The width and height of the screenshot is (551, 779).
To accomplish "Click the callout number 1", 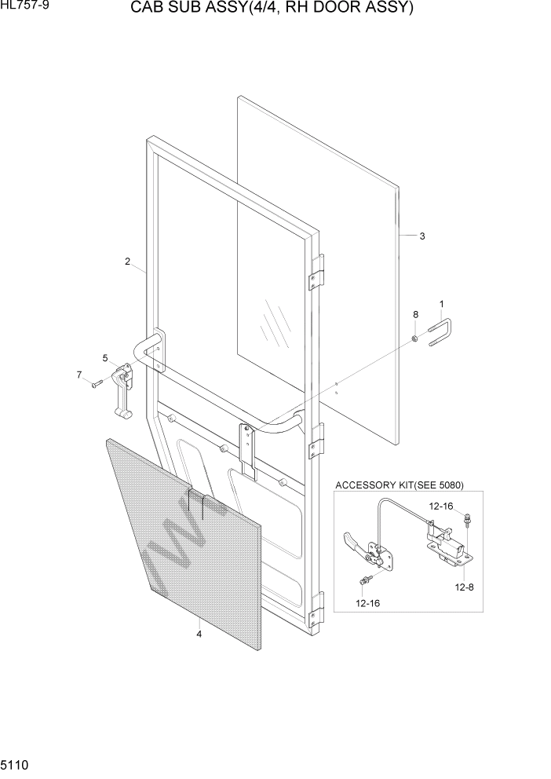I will pyautogui.click(x=441, y=303).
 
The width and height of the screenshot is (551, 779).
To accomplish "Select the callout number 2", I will pyautogui.click(x=127, y=262).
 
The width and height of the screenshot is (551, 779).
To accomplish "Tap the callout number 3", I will pyautogui.click(x=422, y=236).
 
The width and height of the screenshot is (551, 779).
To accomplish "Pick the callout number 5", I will pyautogui.click(x=104, y=358).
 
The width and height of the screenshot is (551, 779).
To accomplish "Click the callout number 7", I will pyautogui.click(x=79, y=375).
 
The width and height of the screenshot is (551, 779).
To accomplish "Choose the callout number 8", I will pyautogui.click(x=415, y=314).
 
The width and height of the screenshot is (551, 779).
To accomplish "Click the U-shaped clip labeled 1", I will pyautogui.click(x=441, y=330).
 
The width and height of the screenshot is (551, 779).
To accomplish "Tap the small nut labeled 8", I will pyautogui.click(x=414, y=338).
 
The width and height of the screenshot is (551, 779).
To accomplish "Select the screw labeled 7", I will pyautogui.click(x=96, y=384).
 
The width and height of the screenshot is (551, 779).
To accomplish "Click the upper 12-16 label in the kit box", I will pyautogui.click(x=441, y=506).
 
